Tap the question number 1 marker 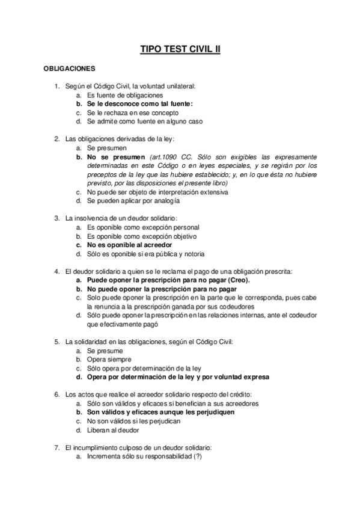pos(56,87)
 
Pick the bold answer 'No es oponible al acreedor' pos(129,245)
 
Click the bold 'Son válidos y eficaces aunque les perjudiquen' pos(160,413)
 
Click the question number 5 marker pos(56,342)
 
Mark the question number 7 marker pos(56,448)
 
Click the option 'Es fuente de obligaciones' pos(124,95)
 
